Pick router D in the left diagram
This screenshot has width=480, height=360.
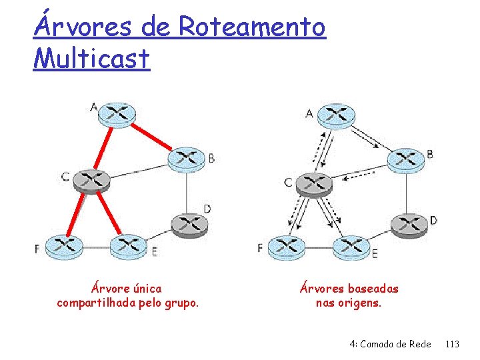point(189,224)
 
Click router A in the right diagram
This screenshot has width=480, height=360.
point(335,115)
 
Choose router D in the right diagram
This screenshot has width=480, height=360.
point(409,224)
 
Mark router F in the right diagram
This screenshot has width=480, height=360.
point(286,248)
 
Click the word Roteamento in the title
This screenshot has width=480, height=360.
point(252,27)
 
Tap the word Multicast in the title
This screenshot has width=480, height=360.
point(91,58)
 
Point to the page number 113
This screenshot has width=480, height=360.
point(452,344)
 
